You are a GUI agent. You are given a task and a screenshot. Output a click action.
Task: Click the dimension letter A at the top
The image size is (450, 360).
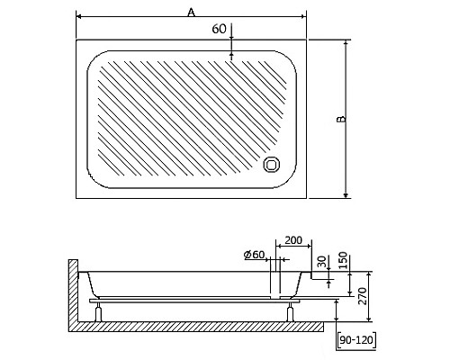click(191, 13)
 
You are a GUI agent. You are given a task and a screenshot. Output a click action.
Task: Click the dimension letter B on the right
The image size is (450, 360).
click(341, 119)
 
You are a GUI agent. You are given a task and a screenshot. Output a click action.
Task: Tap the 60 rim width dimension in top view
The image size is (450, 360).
click(219, 29)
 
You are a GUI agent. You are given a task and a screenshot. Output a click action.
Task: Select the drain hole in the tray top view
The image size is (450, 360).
click(272, 165)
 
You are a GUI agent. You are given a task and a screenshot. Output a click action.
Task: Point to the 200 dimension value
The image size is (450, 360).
click(293, 240)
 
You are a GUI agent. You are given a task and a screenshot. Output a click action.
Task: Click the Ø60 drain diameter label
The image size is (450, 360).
click(255, 255)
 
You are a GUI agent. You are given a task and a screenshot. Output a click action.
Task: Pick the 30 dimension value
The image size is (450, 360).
click(321, 262)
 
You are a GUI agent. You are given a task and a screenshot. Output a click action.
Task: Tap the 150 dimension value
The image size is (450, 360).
click(343, 260)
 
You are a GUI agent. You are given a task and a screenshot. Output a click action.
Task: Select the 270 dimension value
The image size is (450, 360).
click(362, 296)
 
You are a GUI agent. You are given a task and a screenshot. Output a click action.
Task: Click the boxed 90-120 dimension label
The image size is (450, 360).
click(356, 340)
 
